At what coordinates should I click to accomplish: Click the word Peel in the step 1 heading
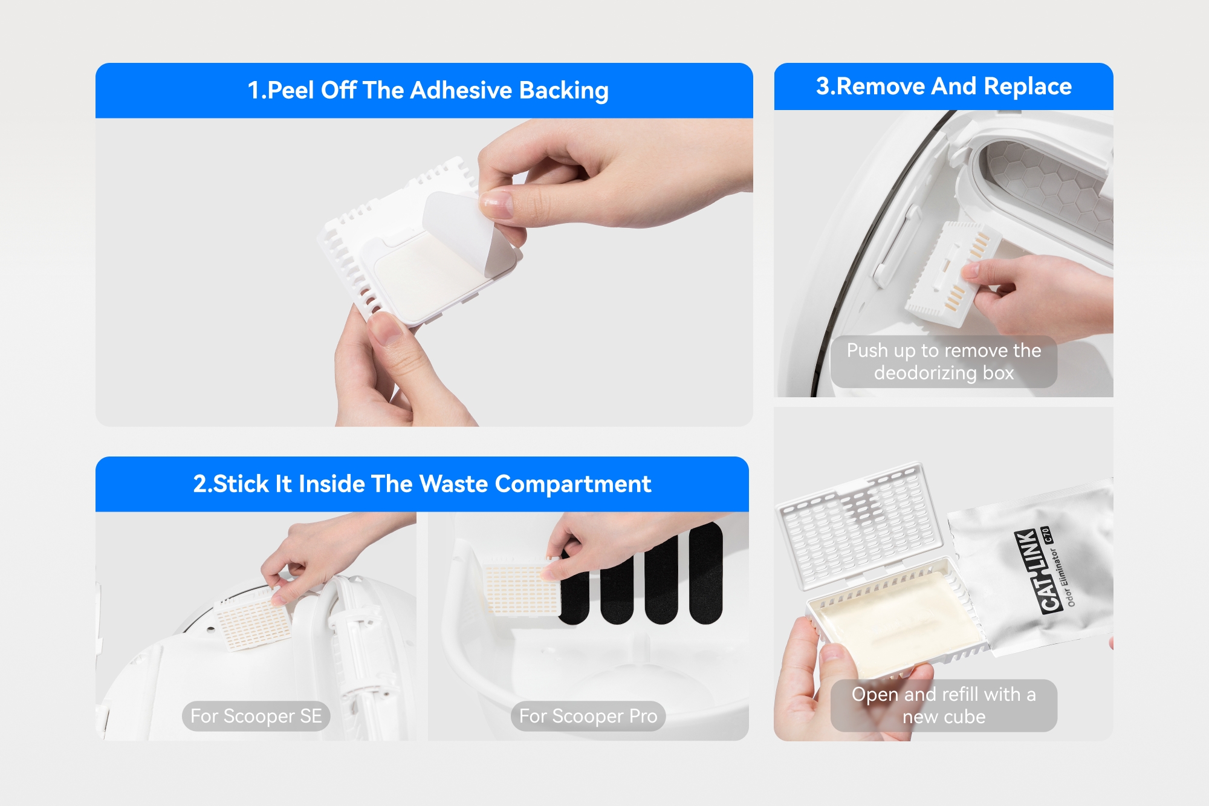[291, 91]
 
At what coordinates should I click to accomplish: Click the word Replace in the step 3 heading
[1028, 86]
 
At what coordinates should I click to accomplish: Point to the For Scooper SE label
[256, 716]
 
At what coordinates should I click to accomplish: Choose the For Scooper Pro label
[588, 716]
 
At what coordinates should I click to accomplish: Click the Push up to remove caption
[944, 362]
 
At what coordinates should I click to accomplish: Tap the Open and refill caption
[944, 706]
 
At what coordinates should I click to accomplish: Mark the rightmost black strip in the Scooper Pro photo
[705, 573]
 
